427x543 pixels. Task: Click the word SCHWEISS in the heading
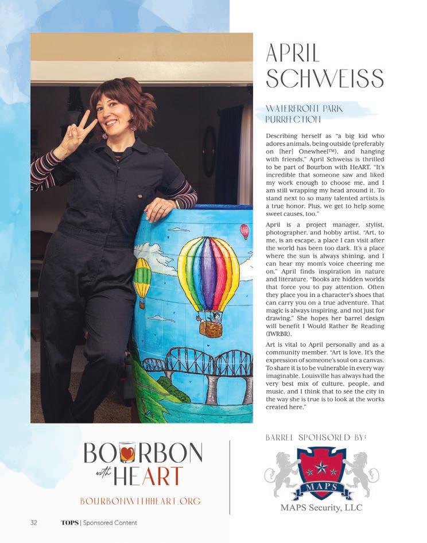[324, 77]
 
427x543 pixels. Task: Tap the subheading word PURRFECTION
[293, 119]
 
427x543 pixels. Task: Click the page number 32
[34, 522]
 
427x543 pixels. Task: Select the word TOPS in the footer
[69, 522]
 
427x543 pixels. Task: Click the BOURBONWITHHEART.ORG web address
[141, 501]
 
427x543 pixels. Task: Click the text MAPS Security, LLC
[321, 507]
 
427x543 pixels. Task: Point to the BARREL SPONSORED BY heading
[316, 438]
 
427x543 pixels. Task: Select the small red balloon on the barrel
[245, 231]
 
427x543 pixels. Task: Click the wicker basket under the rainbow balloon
[211, 328]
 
